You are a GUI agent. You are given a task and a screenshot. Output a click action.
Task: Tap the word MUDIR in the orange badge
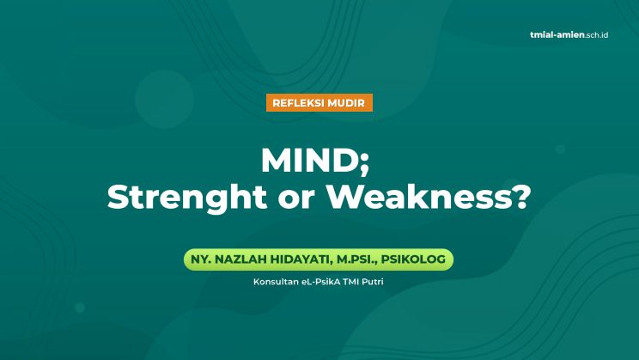[x=346, y=103]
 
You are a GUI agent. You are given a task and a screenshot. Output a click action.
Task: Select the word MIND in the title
[x=310, y=160]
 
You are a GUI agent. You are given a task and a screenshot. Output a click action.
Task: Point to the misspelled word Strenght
[x=187, y=198]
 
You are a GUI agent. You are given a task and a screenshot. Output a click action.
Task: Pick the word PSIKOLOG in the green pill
[x=413, y=259]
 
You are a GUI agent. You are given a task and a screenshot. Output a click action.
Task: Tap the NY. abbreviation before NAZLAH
[x=201, y=259]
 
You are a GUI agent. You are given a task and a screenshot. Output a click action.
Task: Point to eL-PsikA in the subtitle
[x=320, y=282]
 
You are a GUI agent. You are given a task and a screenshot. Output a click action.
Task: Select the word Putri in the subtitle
[x=373, y=282]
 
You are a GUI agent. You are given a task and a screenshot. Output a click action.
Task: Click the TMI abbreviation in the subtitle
[x=351, y=282]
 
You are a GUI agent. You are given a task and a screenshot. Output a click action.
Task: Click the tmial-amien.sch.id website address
[x=569, y=35]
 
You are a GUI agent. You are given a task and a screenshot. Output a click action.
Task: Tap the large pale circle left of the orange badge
[x=165, y=99]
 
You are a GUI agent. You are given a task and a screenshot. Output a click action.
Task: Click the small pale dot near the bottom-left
[x=80, y=308]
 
